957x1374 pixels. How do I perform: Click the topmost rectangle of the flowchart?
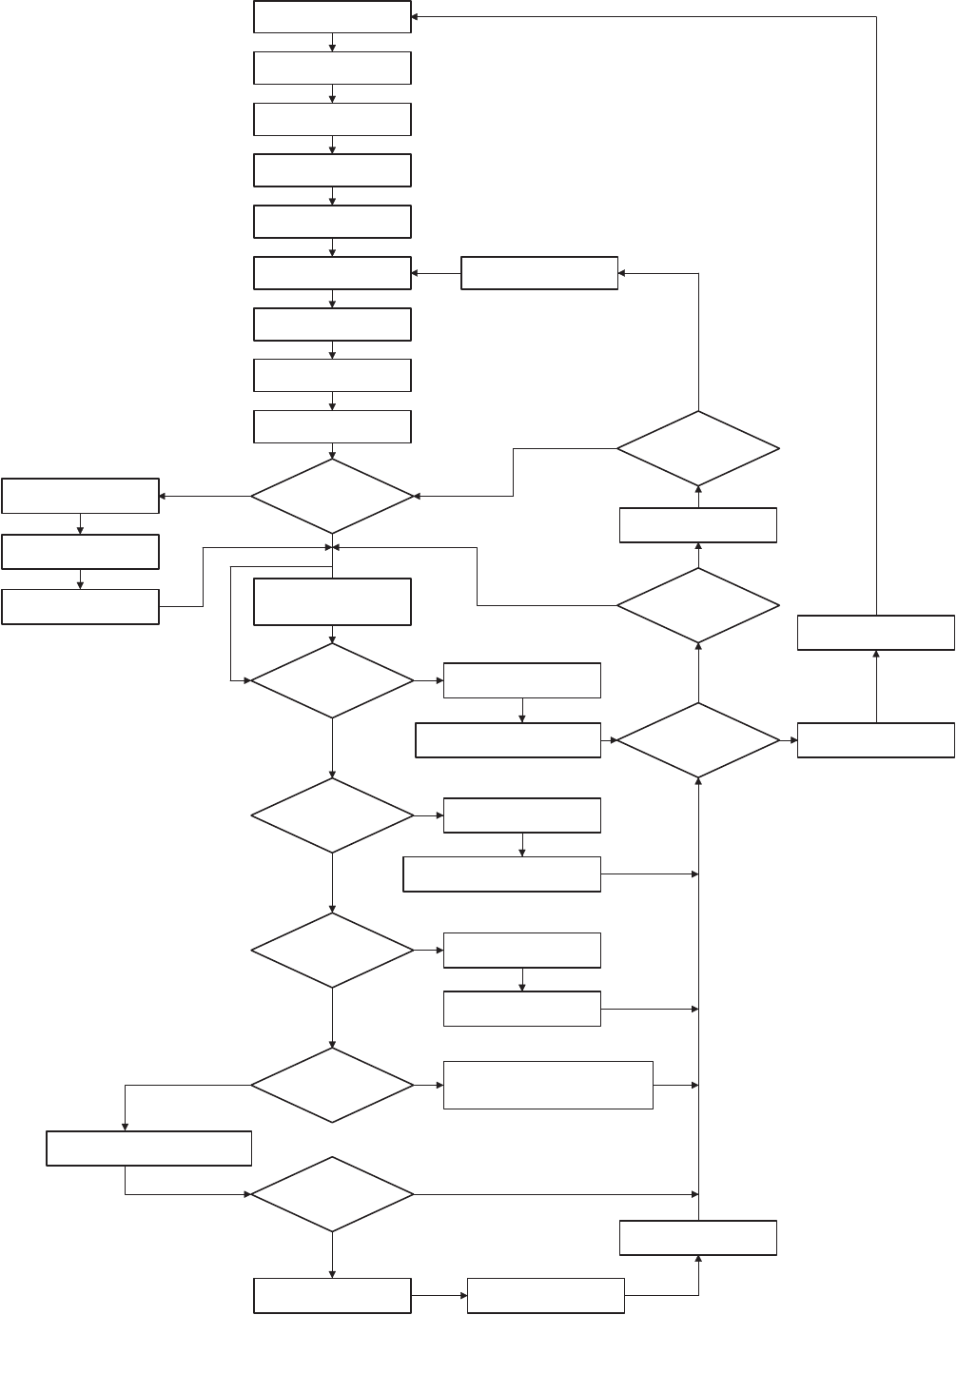pos(332,17)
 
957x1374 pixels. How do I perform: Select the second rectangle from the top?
pos(332,69)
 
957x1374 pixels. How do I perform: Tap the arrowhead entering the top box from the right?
pos(416,17)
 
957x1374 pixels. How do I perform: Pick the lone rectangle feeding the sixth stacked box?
pos(539,273)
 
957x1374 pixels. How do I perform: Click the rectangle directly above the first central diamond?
pos(332,426)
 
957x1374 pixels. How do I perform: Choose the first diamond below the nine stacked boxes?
pos(332,496)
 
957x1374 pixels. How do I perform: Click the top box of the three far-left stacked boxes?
pos(80,496)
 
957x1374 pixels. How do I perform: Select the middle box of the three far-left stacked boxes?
pos(80,552)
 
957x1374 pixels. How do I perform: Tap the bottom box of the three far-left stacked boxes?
pos(80,607)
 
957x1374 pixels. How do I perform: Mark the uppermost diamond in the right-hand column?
pos(698,448)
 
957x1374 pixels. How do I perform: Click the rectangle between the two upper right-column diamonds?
pos(698,525)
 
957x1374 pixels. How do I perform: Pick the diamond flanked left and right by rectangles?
pos(698,740)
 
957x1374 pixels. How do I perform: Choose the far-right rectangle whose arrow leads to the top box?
pos(875,633)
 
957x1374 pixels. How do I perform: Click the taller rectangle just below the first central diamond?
pos(332,601)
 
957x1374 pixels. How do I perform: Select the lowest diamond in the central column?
pos(332,1194)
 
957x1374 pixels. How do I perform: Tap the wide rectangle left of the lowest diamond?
pos(149,1148)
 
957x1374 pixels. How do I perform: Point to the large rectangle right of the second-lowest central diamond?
pos(548,1085)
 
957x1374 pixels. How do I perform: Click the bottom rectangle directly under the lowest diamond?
pos(332,1296)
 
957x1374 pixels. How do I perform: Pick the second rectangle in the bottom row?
pos(546,1296)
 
